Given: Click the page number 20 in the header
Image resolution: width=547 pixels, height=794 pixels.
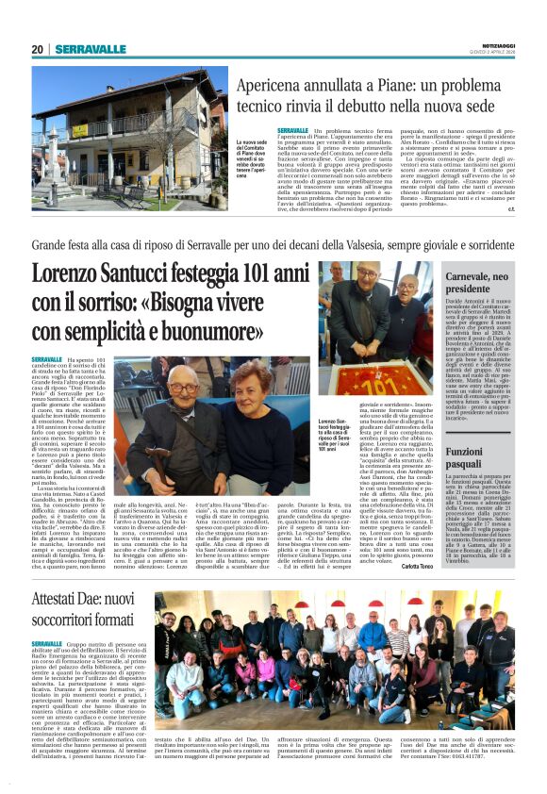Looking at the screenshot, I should point(37,49).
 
